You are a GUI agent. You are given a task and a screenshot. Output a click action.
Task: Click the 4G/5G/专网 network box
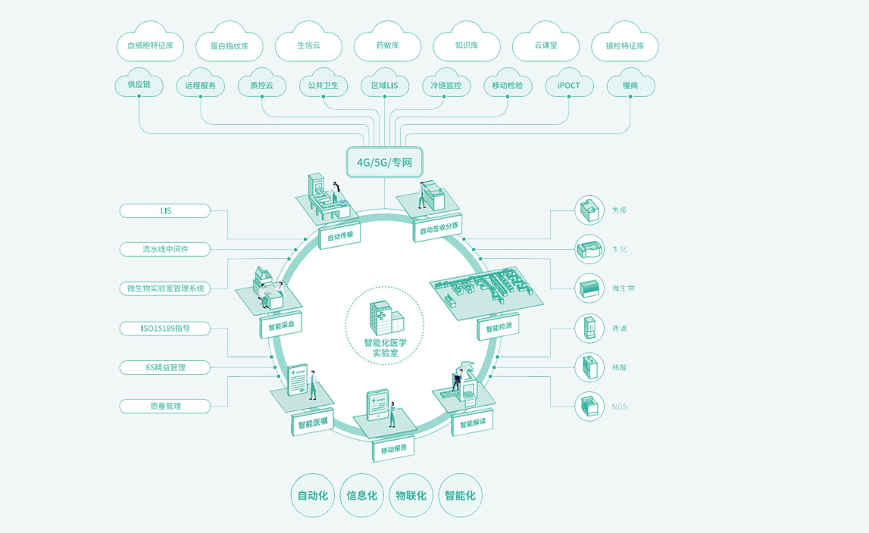(384, 161)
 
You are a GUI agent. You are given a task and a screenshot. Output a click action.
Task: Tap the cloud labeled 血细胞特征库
(150, 45)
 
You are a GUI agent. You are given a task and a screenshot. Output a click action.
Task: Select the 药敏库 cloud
(387, 45)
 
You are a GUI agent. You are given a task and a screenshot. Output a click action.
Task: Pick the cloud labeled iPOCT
(568, 86)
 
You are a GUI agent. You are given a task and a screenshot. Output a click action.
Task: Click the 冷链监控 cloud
(445, 86)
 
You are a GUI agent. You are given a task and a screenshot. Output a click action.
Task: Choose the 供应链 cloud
(139, 85)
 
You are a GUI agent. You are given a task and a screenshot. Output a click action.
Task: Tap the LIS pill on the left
(165, 210)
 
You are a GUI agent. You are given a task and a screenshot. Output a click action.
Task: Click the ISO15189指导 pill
(165, 328)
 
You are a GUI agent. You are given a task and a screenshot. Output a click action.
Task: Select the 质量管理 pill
(165, 406)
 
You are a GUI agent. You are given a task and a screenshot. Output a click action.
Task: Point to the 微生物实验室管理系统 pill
(165, 288)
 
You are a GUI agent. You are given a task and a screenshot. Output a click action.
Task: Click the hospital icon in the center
(385, 319)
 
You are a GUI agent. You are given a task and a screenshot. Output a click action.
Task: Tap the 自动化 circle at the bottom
(313, 496)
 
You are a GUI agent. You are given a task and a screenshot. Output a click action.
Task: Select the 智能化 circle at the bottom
(460, 496)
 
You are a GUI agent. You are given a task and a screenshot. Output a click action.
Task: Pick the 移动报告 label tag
(393, 448)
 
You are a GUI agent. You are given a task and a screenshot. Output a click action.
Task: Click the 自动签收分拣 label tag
(439, 228)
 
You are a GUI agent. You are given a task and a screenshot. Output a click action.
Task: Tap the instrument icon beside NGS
(586, 407)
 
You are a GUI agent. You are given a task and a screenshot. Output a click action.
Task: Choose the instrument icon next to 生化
(586, 249)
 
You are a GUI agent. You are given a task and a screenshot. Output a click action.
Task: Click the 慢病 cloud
(630, 86)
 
